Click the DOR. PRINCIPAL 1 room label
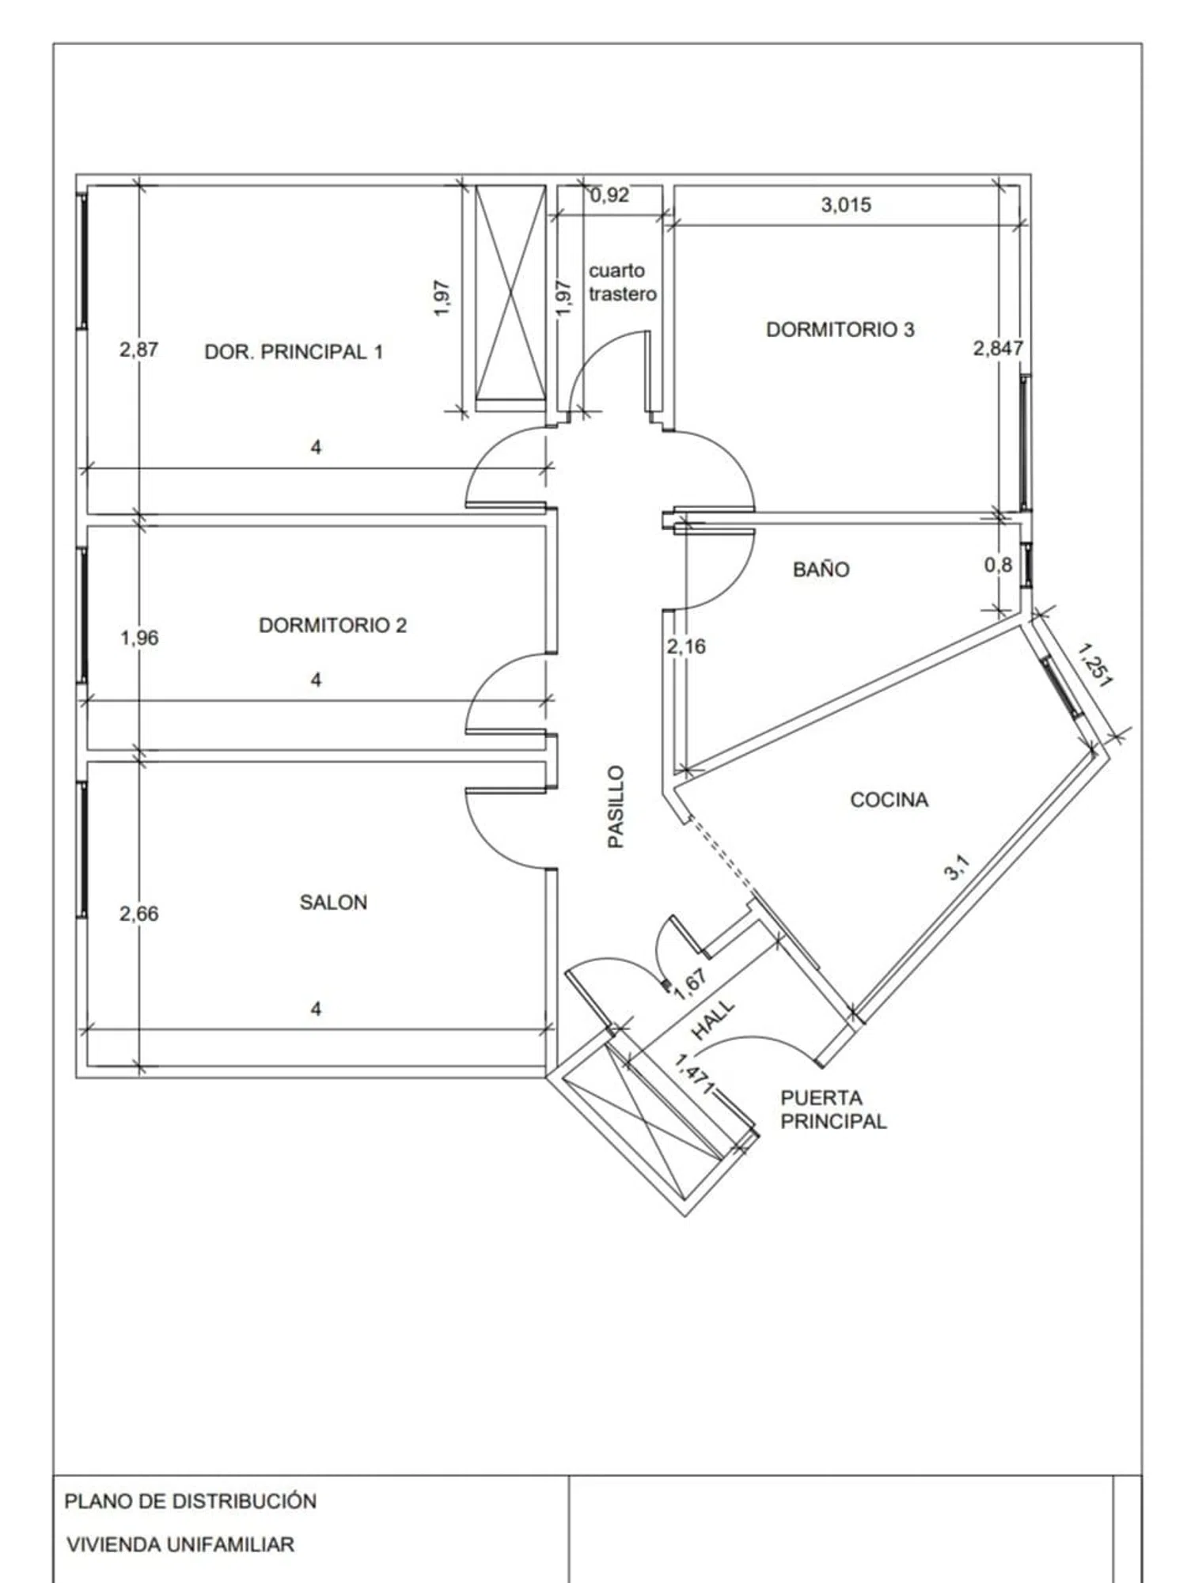coord(294,352)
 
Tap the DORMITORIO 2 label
coord(332,625)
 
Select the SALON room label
coord(333,902)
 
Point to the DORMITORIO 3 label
coord(840,329)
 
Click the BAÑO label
coord(821,569)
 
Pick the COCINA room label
coord(889,800)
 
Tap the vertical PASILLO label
coord(616,806)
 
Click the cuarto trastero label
coord(622,282)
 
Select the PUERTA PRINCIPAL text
coord(833,1109)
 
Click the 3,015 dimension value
coord(846,205)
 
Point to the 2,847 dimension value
coord(997,348)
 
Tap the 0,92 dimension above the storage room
coord(609,195)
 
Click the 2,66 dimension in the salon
coord(138,914)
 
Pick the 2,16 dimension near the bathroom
coord(685,646)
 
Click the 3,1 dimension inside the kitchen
coord(957,868)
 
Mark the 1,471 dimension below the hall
coord(692,1074)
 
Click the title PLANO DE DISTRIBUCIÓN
coord(190,1501)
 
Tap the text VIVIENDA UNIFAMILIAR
coord(180,1544)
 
